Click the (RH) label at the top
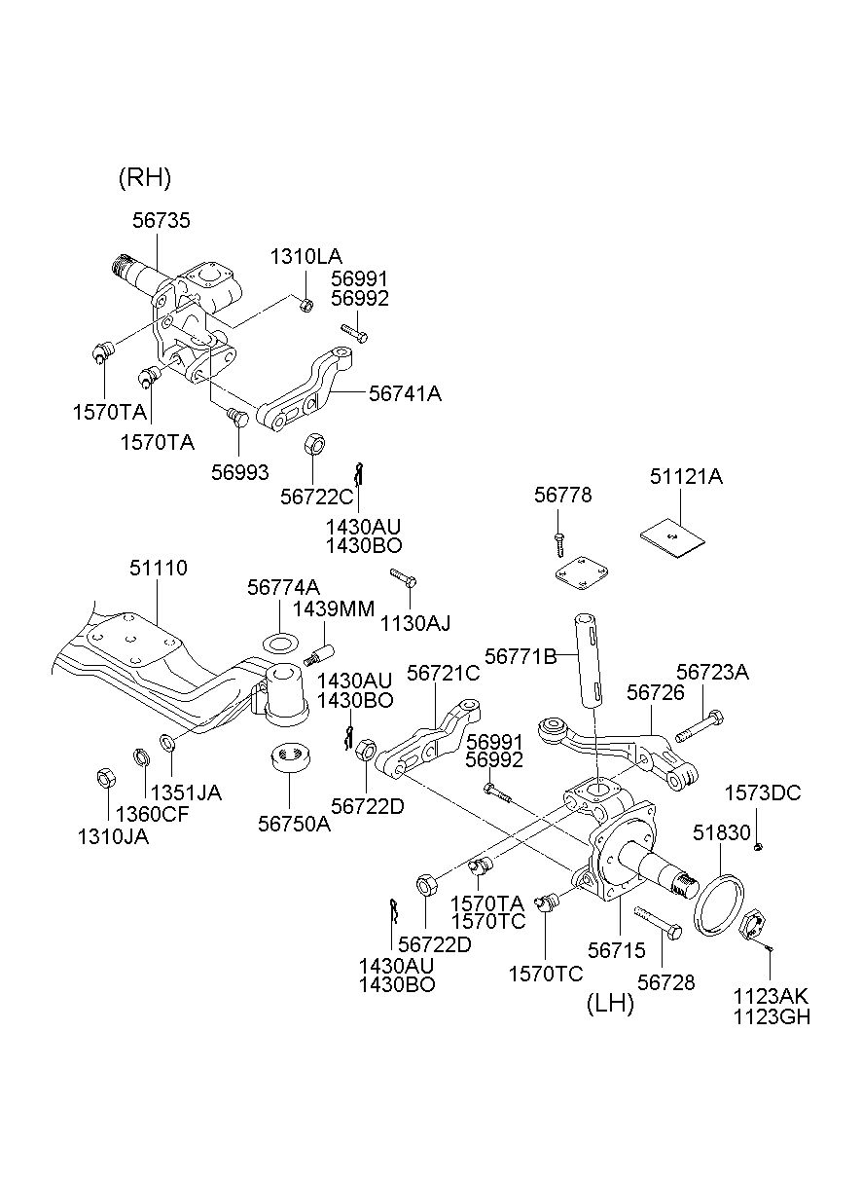[144, 177]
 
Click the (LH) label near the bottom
[610, 1004]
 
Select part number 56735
[162, 221]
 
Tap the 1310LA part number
[305, 257]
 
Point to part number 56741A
[405, 393]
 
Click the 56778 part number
[562, 497]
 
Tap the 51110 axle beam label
[159, 568]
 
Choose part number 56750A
[294, 824]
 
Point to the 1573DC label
[768, 793]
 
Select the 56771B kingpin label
[520, 657]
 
